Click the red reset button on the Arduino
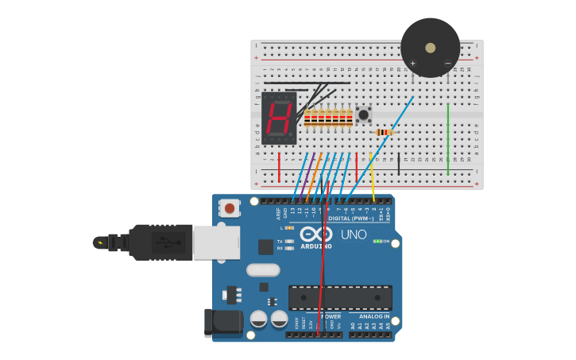point(230,208)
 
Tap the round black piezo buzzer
point(430,48)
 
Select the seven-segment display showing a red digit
point(279,118)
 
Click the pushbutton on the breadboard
point(363,114)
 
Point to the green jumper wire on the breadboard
point(448,139)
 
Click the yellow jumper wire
point(372,179)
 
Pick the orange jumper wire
point(314,171)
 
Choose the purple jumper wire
point(307,171)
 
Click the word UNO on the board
point(354,234)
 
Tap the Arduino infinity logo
point(316,234)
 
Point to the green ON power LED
point(377,241)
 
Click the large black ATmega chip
point(340,297)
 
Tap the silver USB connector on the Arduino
point(215,242)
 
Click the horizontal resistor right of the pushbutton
point(383,132)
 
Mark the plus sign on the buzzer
point(412,63)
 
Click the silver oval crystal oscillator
point(263,270)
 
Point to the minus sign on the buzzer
point(447,63)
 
